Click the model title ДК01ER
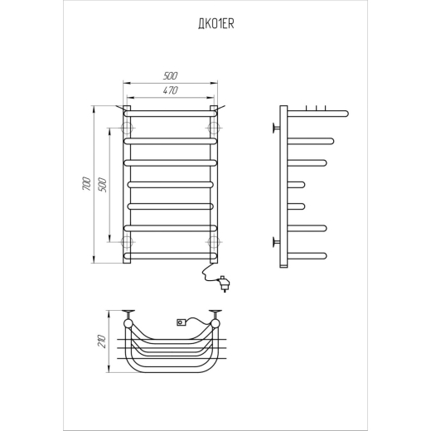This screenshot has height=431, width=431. coord(216,24)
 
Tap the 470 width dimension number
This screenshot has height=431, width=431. coord(170,90)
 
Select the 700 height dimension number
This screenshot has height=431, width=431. coord(86,183)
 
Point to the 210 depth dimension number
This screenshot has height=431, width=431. coord(102,341)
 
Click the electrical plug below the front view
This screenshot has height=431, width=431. coord(225,283)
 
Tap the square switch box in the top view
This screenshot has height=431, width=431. coord(182,322)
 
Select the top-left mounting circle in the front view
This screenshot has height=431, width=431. coord(127,128)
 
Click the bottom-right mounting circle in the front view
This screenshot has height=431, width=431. coord(214,242)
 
